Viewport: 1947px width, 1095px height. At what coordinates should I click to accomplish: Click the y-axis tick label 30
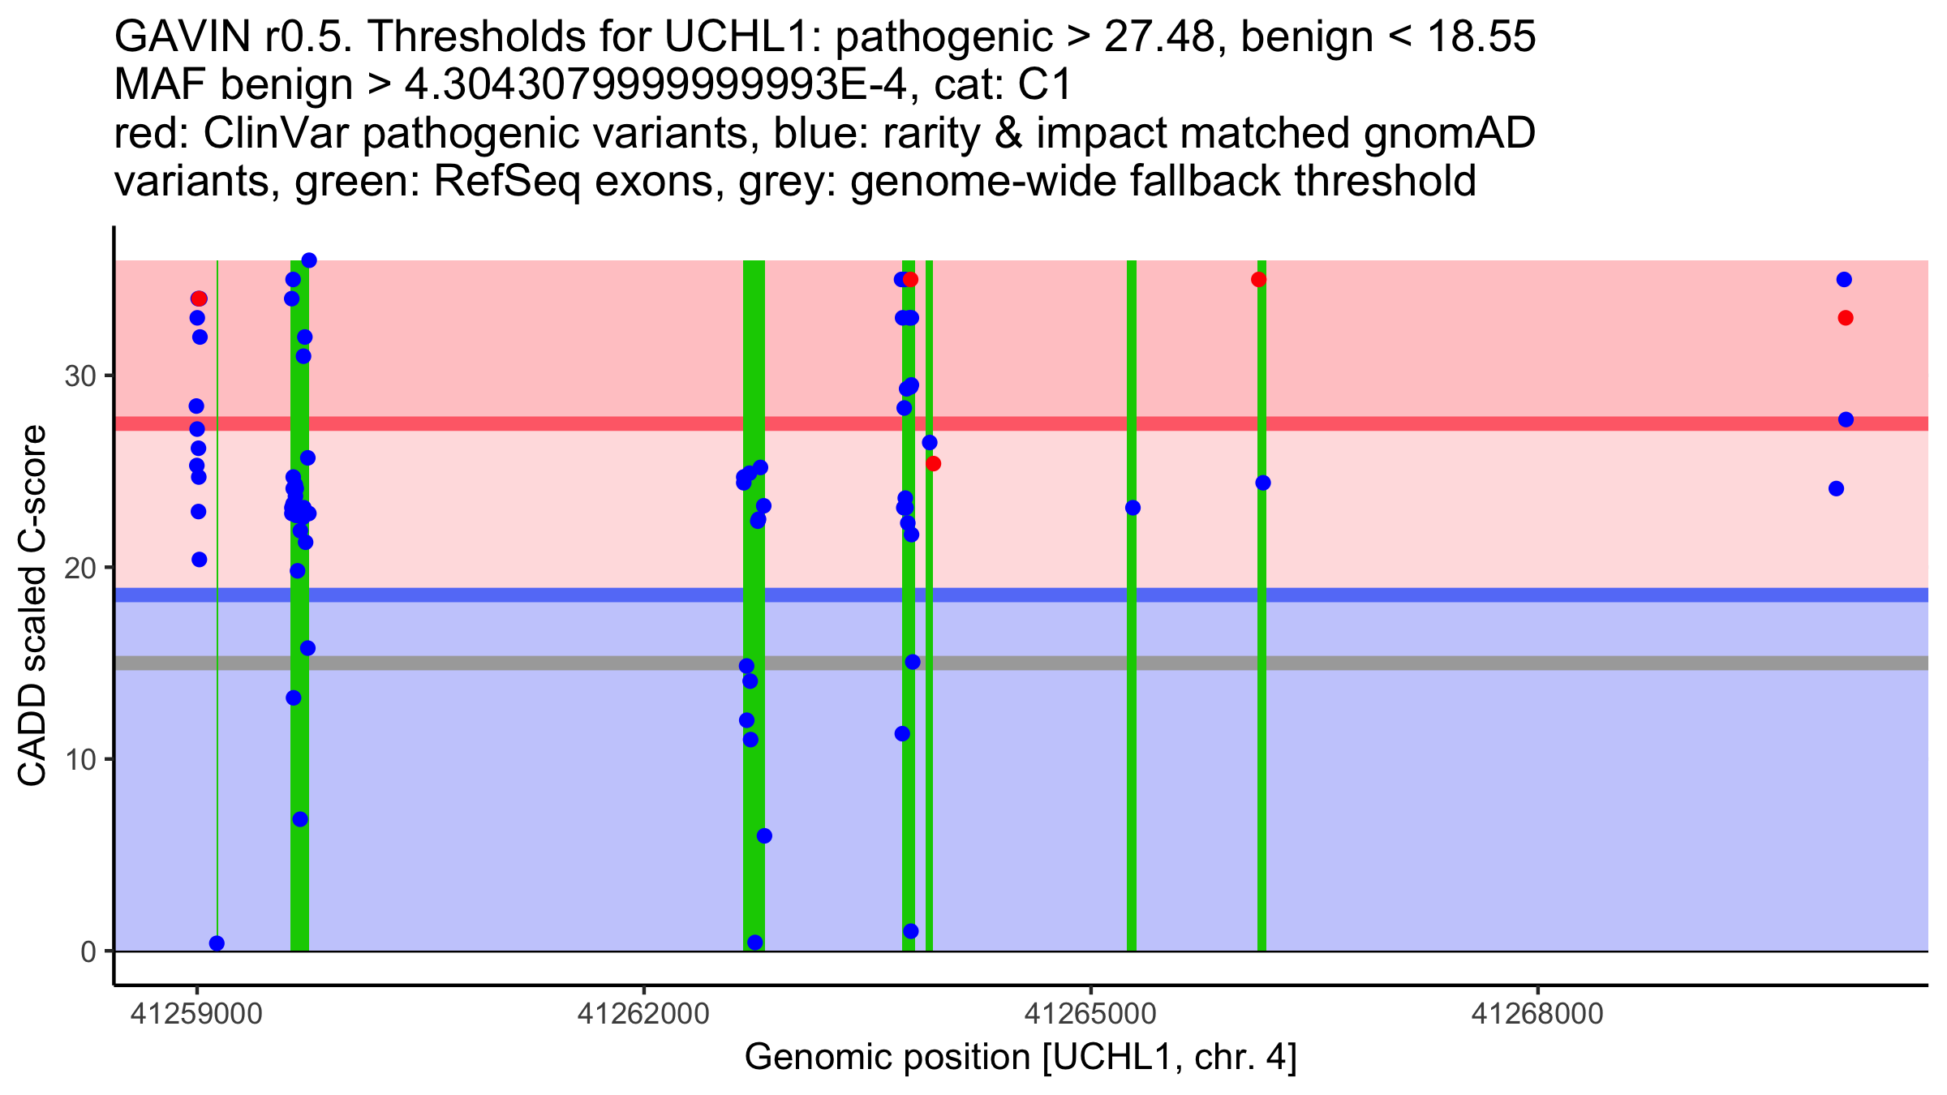point(80,376)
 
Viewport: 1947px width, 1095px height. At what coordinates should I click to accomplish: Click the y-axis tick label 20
point(80,568)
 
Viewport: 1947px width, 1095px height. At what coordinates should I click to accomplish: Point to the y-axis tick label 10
point(80,760)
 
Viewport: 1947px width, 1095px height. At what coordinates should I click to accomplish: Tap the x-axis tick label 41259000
point(196,1014)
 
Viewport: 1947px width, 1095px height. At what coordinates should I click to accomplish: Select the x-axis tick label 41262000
point(643,1014)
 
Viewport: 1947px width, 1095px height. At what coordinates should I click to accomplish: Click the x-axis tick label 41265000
point(1091,1014)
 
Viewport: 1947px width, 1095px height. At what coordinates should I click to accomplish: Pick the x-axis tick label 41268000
point(1538,1014)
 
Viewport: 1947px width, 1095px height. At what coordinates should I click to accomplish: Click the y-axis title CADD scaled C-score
point(32,607)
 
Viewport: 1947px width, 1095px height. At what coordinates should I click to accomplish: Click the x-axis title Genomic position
point(1021,1058)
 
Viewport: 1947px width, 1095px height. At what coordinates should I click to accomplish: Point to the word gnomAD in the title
point(1449,133)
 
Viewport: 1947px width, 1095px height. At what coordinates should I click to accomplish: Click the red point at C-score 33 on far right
point(1846,318)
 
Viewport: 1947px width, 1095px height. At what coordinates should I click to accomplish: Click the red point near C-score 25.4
point(933,464)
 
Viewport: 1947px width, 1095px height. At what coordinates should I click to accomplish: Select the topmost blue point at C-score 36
point(309,260)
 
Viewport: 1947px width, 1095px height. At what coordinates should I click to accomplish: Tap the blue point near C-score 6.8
point(300,819)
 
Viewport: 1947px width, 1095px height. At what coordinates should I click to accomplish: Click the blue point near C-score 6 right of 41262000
point(764,836)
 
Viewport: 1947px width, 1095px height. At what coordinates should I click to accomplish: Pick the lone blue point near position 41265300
point(1133,508)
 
